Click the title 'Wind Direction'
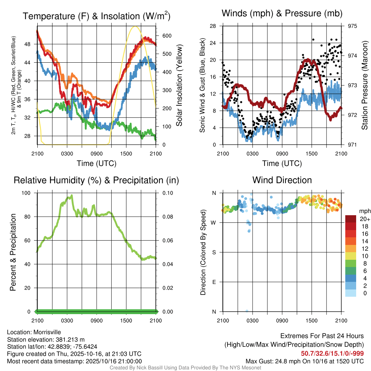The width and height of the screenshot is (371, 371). coord(282,180)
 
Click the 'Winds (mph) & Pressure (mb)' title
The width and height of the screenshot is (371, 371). coord(282,13)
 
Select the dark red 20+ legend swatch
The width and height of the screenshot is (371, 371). coord(351,219)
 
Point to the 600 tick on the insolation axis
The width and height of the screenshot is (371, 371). coord(167,36)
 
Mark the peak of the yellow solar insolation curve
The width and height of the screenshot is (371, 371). coord(135,26)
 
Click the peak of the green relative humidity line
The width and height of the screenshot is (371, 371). coord(72,195)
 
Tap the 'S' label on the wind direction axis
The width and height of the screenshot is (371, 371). coord(214,252)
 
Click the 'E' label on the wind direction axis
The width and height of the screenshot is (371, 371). coord(214,282)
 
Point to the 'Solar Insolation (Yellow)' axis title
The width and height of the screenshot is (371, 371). coord(179,86)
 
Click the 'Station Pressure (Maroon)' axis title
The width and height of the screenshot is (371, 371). coord(364,86)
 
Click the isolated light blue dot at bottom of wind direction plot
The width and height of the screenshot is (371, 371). coord(247,311)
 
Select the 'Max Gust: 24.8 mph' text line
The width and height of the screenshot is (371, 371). coord(305,361)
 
